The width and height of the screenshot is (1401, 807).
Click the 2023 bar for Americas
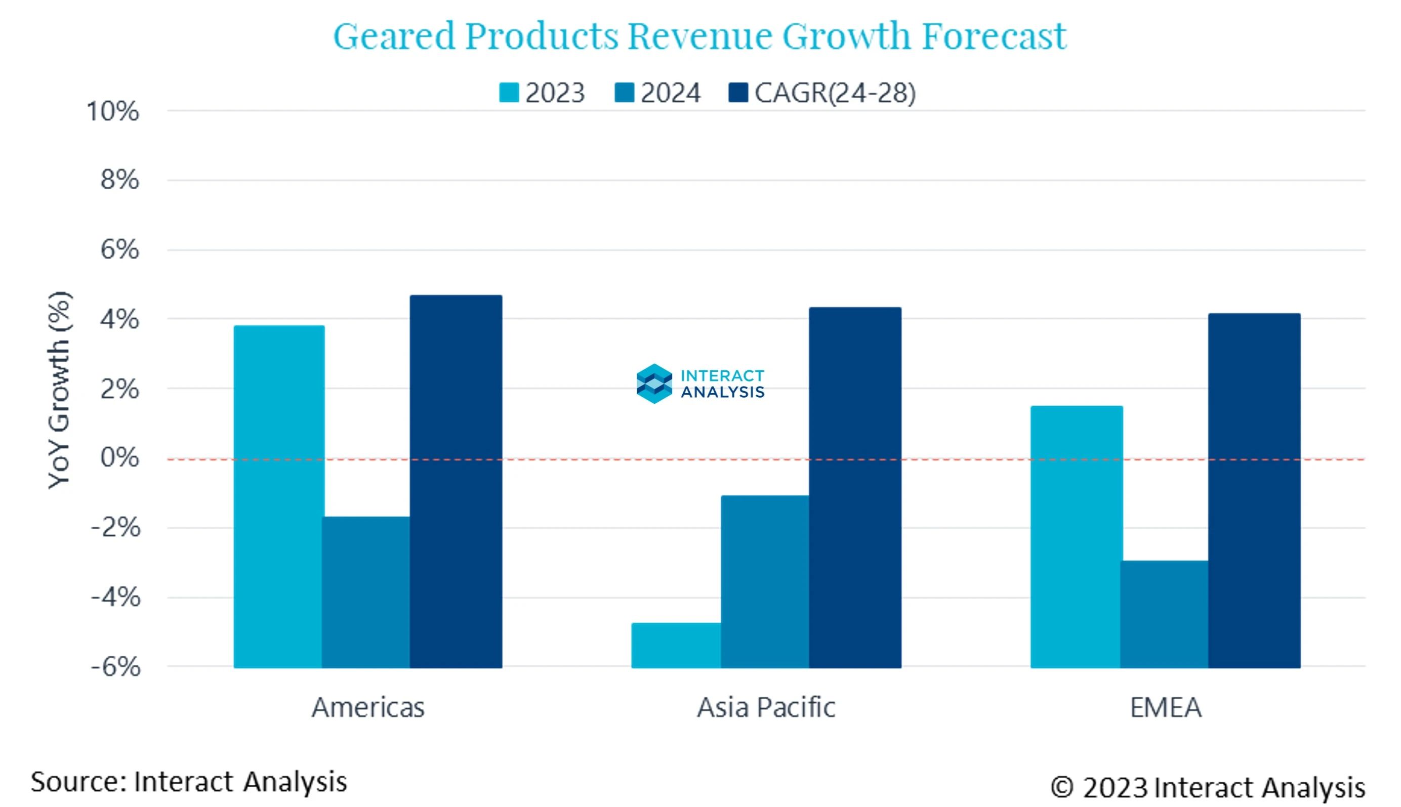[x=278, y=496]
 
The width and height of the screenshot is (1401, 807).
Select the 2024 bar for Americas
[x=366, y=592]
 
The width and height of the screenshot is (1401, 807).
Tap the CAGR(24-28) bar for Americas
[x=456, y=481]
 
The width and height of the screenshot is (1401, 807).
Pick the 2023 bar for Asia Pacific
[x=676, y=645]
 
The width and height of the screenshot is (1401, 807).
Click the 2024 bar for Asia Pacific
[x=765, y=581]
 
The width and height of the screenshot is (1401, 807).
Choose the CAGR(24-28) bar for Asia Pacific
[x=855, y=487]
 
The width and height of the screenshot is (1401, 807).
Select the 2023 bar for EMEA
[x=1076, y=536]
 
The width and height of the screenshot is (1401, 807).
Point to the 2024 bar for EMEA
[x=1164, y=614]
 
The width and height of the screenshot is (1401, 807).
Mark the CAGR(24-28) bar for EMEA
[x=1254, y=490]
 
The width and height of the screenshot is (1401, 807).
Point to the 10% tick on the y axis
[x=112, y=111]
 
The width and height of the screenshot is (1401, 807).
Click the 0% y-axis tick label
[x=119, y=458]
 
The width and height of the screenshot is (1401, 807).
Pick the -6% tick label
[x=115, y=667]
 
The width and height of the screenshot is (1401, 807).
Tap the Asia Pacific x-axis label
[x=766, y=708]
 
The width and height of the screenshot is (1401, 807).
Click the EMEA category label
[x=1165, y=708]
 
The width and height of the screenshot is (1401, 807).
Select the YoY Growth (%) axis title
[x=59, y=390]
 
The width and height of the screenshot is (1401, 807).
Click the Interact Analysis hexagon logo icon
[x=654, y=384]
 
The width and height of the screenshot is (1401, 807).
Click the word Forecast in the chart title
[x=994, y=35]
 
